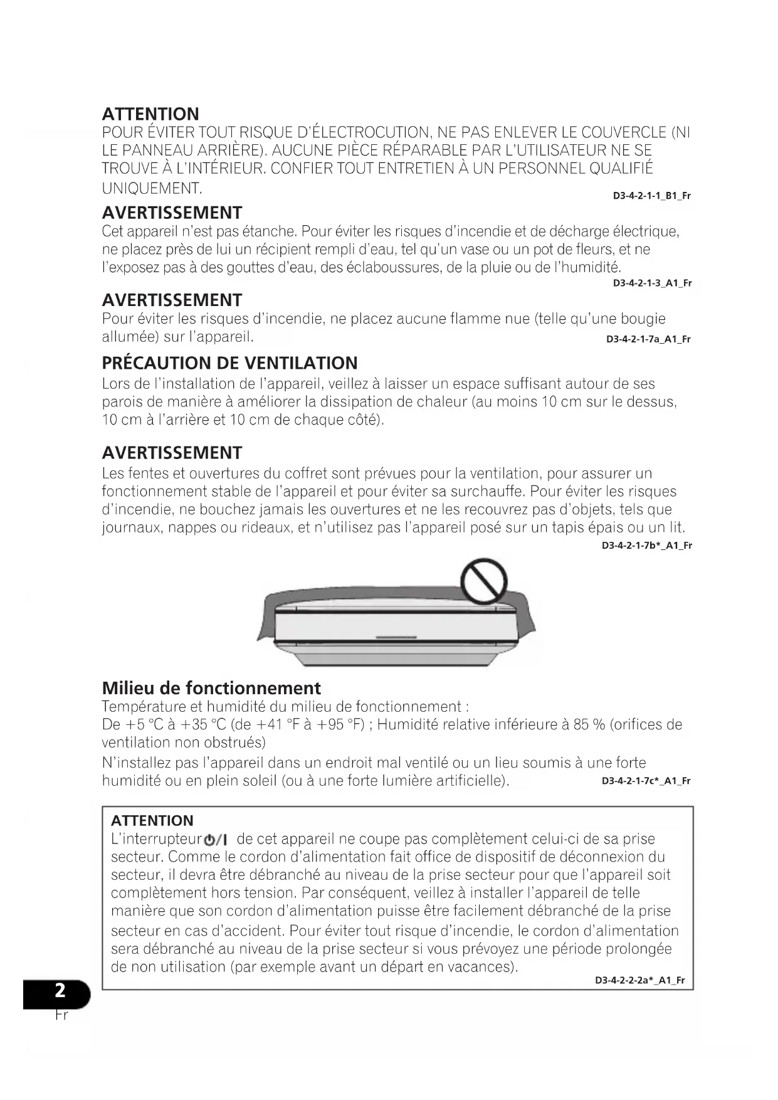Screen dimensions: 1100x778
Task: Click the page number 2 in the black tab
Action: tap(60, 990)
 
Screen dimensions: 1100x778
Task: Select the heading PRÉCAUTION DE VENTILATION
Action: tap(229, 363)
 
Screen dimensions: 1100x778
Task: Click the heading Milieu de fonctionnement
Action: tap(211, 688)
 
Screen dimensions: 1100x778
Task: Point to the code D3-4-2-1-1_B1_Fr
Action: tap(651, 196)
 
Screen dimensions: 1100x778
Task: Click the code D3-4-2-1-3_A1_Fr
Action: tap(652, 283)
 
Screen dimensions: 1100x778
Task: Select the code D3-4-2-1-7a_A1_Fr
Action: tap(648, 339)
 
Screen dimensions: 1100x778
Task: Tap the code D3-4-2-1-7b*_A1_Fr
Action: tap(646, 546)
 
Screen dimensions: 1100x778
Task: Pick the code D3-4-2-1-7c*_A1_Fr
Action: tap(646, 781)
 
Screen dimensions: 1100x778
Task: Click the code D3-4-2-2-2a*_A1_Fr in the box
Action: tap(639, 980)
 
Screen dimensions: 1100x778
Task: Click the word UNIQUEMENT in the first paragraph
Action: tap(151, 188)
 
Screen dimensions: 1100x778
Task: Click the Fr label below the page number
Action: tap(61, 1014)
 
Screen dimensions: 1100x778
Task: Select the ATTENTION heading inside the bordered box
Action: tap(152, 820)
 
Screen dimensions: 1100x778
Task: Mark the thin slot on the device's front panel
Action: tap(396, 638)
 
